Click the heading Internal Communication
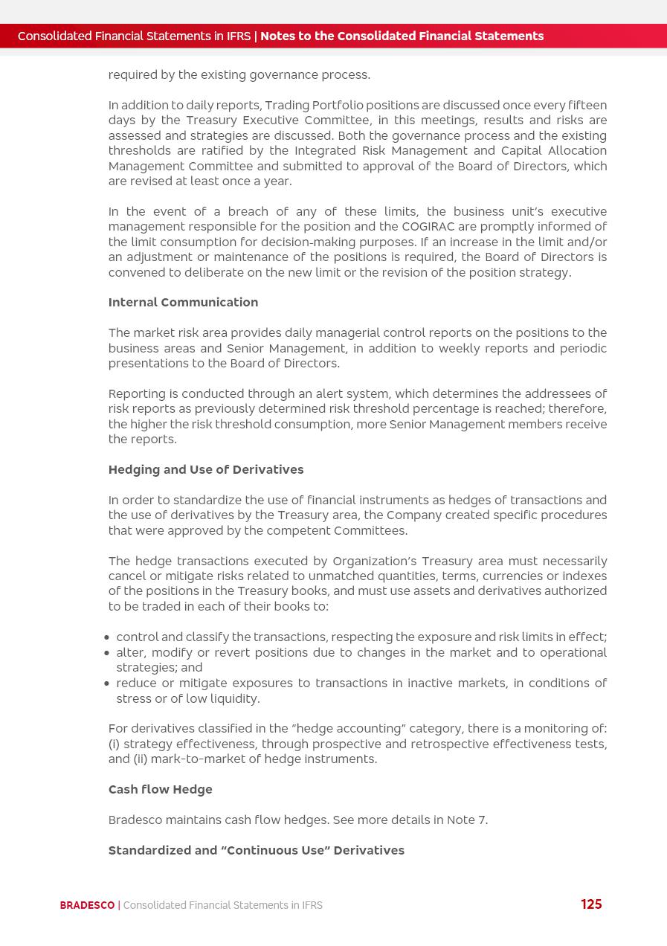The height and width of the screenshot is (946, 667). coord(183,303)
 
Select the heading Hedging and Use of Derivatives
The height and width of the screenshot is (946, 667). coord(206,470)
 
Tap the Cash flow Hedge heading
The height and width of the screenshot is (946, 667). coord(160,790)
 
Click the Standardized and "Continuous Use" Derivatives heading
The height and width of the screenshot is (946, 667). coord(257,851)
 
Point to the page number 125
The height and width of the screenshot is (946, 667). coord(591,904)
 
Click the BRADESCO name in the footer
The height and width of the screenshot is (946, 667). coord(87,906)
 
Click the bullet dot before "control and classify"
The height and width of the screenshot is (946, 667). coord(107,638)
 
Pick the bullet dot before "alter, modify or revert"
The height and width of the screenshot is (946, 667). coord(107,653)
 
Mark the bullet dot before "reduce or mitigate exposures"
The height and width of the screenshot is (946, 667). coord(107,683)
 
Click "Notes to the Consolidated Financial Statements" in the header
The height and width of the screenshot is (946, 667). coord(402,36)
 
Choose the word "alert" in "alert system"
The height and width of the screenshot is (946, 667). coord(310,394)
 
